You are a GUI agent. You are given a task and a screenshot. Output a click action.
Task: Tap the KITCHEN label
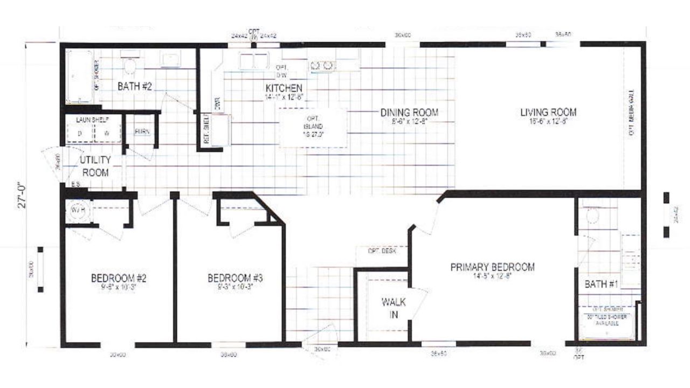(x=284, y=88)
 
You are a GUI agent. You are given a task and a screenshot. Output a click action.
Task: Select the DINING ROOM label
(x=409, y=113)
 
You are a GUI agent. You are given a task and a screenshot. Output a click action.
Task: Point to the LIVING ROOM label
(x=548, y=112)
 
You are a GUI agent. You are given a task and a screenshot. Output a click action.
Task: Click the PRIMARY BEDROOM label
(x=493, y=267)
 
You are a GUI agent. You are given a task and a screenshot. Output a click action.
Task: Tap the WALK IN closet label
(x=394, y=308)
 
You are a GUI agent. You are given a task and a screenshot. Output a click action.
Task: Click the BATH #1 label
(x=601, y=284)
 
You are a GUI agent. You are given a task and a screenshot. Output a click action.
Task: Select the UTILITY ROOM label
(x=95, y=166)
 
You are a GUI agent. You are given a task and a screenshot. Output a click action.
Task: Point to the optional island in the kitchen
(x=313, y=127)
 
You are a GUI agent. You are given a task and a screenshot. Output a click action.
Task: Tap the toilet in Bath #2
(x=129, y=66)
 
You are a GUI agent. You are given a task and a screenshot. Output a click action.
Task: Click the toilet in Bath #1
(x=592, y=216)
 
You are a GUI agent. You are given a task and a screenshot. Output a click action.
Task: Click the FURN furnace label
(x=142, y=131)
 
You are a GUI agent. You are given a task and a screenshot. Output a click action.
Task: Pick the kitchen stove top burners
(x=321, y=66)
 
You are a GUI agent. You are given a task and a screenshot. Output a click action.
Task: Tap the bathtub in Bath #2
(x=80, y=76)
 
